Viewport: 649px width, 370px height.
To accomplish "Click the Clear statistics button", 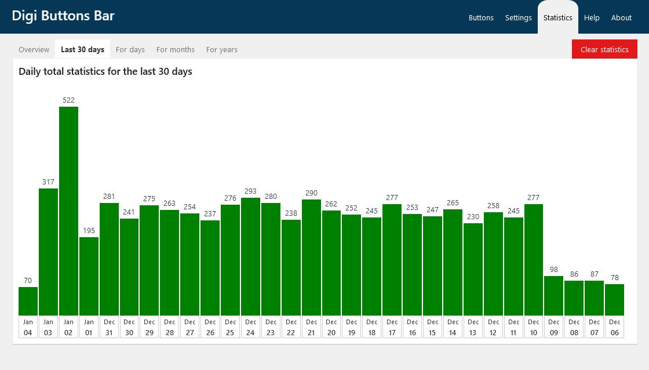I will click(604, 49).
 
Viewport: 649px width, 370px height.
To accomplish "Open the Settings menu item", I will click(518, 17).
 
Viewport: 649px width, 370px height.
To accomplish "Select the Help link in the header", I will click(592, 17).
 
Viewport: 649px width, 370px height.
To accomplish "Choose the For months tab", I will click(175, 49).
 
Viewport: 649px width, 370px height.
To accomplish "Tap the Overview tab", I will click(34, 49).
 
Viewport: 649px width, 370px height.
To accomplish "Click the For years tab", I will click(221, 49).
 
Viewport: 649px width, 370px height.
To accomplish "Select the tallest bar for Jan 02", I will click(68, 211).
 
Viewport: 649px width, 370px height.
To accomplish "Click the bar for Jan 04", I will click(28, 301).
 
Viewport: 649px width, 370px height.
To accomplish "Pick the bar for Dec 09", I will click(553, 296).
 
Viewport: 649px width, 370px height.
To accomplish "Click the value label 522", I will click(68, 100).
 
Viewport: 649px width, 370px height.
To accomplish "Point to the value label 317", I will click(48, 182).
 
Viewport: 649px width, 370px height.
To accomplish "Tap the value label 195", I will click(89, 231).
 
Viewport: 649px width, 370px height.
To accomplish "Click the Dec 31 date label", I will click(109, 327).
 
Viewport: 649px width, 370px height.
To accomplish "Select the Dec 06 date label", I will click(614, 327).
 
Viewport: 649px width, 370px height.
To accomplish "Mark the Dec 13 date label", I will click(473, 327).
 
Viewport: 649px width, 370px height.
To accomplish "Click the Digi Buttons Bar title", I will click(63, 16).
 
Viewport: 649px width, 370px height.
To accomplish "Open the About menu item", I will click(621, 17).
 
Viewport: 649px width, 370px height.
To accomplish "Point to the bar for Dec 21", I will click(311, 257).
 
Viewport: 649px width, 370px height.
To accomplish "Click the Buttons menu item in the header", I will click(481, 17).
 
